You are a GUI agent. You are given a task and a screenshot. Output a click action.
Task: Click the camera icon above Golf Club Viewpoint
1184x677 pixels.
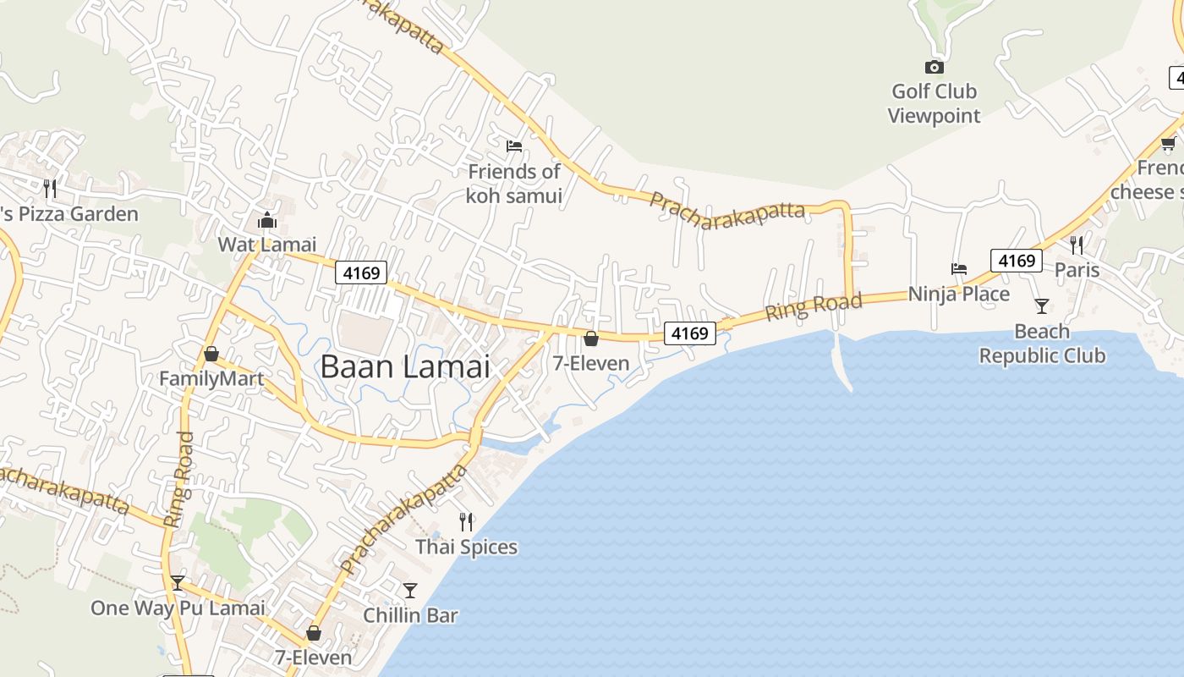[934, 67]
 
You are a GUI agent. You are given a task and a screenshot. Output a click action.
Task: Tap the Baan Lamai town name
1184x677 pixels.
[405, 366]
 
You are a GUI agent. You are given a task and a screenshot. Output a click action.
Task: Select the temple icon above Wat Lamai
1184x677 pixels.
[267, 221]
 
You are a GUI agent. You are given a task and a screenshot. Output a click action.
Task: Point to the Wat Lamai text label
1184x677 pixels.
[267, 245]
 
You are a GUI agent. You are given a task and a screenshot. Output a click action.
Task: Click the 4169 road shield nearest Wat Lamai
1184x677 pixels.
[361, 272]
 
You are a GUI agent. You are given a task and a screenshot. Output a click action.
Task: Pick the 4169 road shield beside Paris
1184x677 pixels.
[1016, 261]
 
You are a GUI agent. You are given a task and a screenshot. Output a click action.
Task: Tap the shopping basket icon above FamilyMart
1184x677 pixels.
[211, 354]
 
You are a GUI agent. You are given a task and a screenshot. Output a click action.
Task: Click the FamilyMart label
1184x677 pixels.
[211, 378]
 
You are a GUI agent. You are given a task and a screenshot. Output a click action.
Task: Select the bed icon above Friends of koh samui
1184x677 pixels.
[513, 146]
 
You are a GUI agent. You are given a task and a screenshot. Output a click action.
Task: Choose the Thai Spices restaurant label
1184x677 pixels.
[466, 547]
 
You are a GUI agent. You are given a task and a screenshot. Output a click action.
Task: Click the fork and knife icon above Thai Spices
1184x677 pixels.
[465, 521]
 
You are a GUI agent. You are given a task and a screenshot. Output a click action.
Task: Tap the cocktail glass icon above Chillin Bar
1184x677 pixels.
[410, 590]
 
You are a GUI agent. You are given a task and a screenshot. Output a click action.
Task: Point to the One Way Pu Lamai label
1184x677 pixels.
[178, 608]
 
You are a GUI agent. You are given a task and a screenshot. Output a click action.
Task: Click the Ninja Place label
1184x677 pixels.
[958, 294]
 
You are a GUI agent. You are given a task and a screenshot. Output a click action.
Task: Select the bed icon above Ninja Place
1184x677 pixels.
[958, 269]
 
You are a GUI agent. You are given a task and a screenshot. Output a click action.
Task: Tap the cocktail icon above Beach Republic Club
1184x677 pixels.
[1042, 305]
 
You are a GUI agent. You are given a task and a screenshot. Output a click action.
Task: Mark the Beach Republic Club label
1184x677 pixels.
[1042, 344]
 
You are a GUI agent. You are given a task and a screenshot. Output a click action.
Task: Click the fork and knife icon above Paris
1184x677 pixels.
[1077, 245]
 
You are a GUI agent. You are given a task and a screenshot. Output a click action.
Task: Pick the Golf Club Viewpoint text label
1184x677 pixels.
[934, 103]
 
